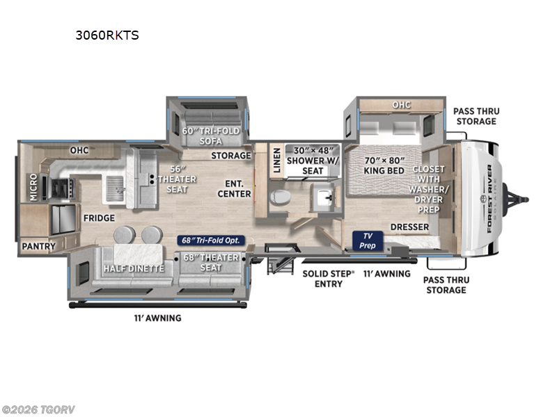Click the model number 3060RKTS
107,35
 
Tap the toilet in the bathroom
280,197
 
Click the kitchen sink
115,188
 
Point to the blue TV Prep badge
368,240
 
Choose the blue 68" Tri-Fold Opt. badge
211,240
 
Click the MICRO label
33,187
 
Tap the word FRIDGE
99,218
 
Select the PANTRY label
39,246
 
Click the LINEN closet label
276,161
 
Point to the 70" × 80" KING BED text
384,165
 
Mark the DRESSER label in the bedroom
409,227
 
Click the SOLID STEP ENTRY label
328,279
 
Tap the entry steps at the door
281,259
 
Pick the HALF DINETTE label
134,269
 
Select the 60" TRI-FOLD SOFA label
211,136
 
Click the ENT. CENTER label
234,189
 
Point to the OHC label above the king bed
402,105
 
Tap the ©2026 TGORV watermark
38,410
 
